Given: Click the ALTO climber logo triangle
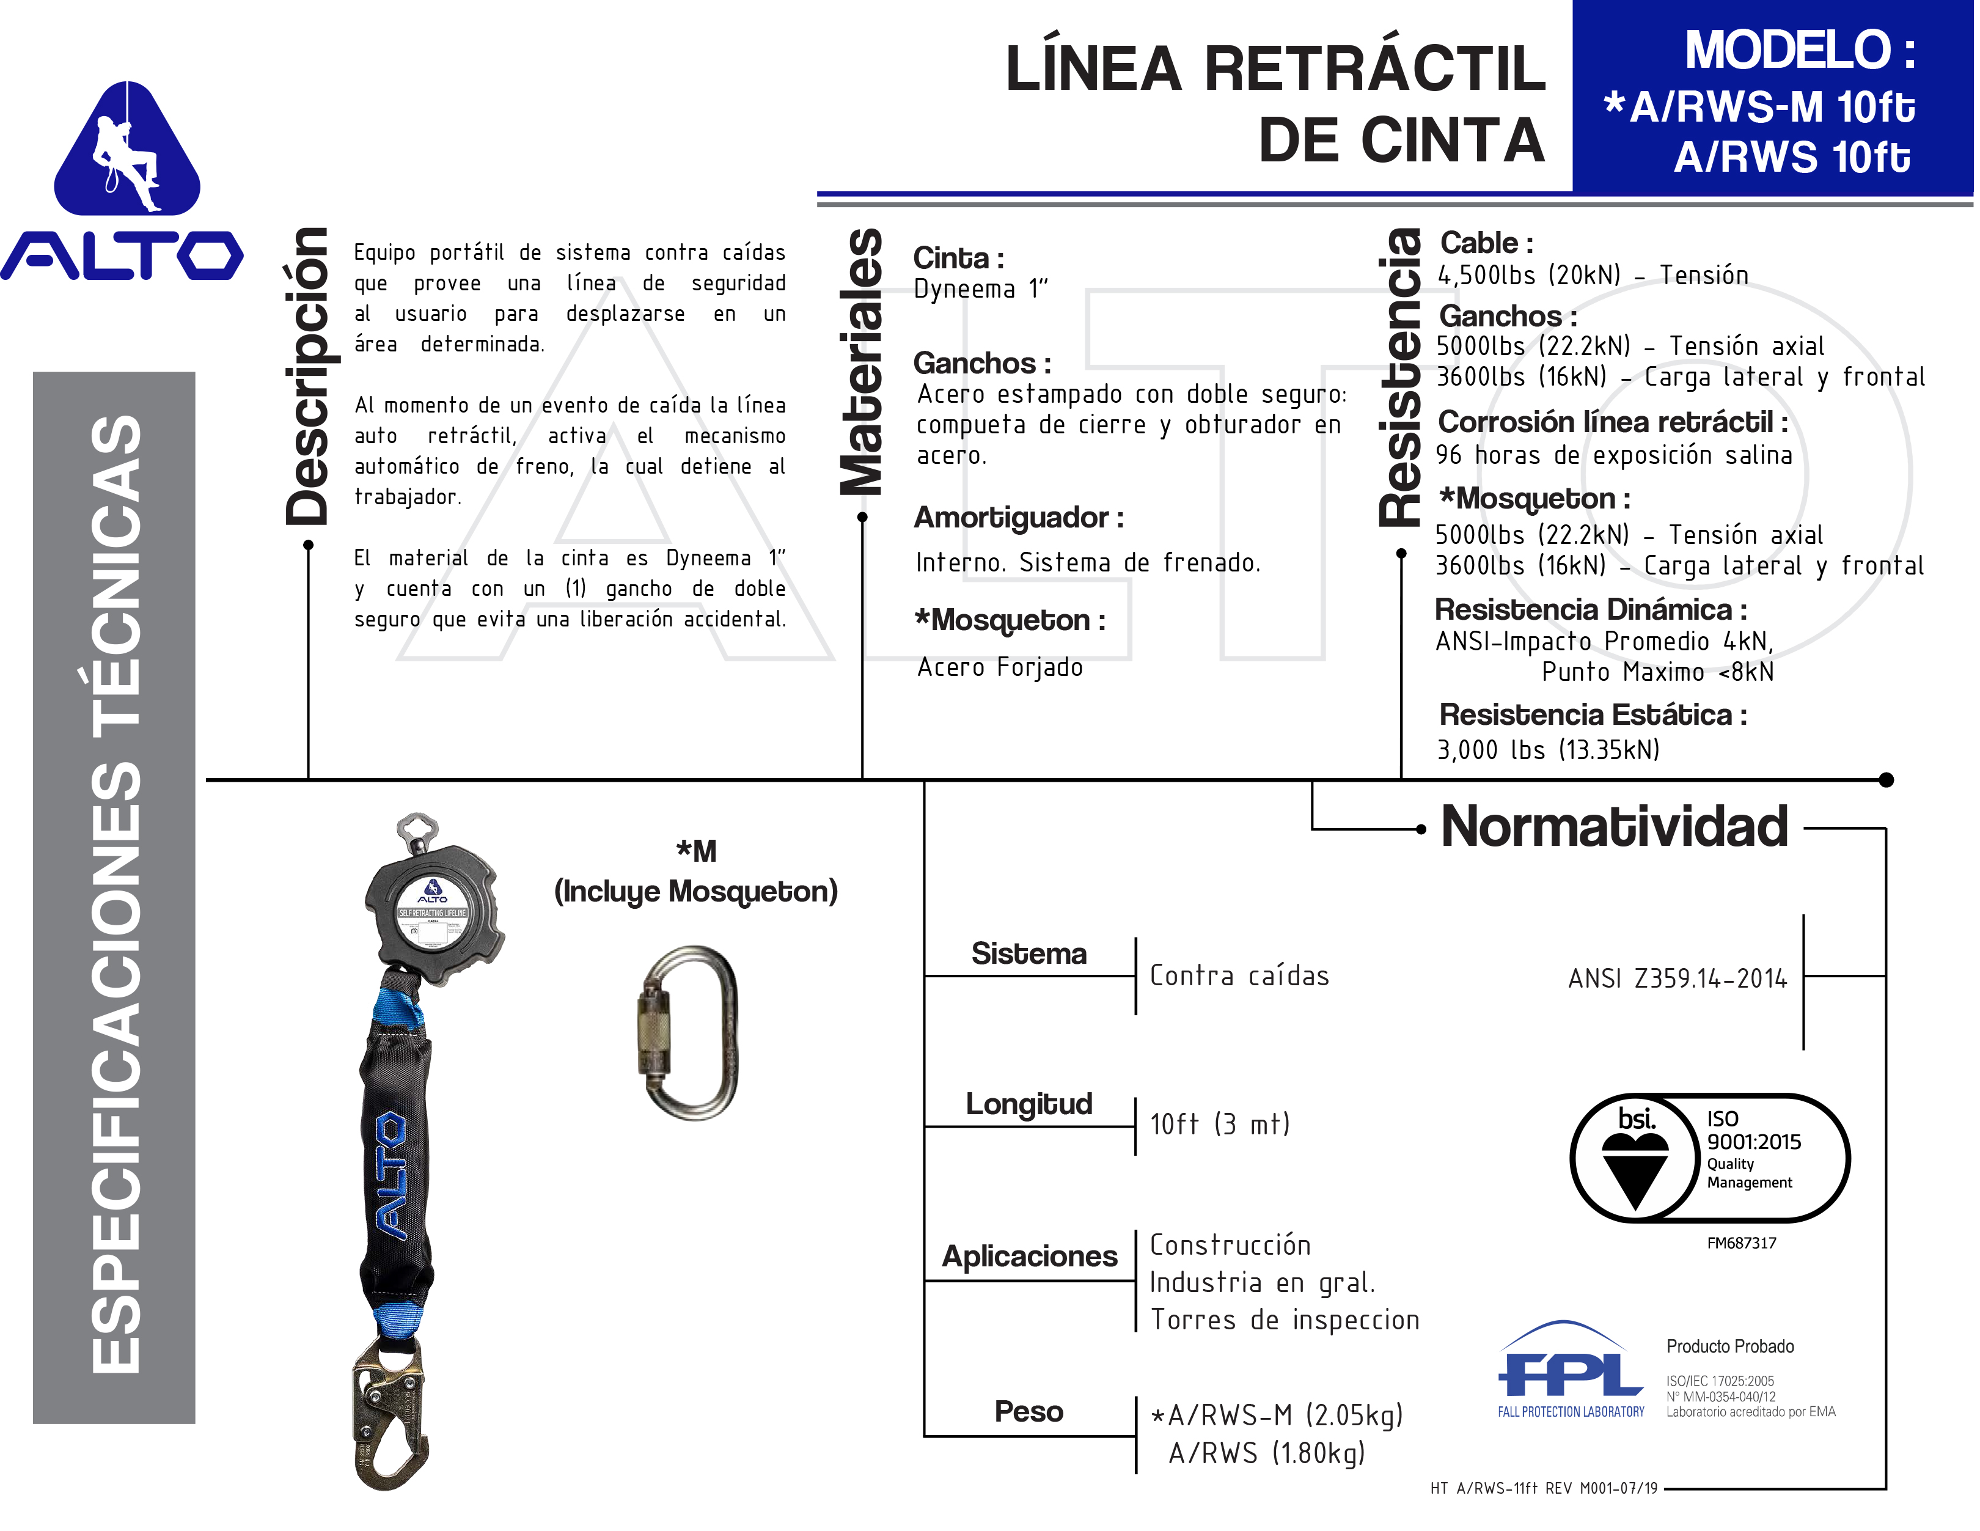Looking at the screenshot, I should click(127, 150).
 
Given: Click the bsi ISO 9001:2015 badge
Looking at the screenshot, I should click(1709, 1158).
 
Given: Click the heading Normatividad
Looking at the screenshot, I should click(1614, 827).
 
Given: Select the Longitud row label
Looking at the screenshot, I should click(1029, 1104).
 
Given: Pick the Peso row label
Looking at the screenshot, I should click(1029, 1411).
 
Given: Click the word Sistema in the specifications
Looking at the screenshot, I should click(1029, 953).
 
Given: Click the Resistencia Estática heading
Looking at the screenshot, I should click(1593, 715).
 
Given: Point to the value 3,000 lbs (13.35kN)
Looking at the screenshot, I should click(1547, 750).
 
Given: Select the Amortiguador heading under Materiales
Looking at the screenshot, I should click(1018, 518).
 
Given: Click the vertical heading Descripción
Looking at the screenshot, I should click(307, 376).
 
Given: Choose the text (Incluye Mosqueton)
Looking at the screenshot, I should click(695, 892).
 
